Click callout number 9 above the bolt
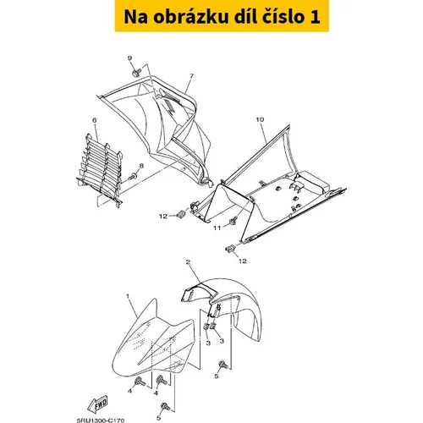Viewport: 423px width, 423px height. tap(129, 58)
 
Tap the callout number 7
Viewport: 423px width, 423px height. tap(192, 76)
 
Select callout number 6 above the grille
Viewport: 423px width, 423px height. tap(95, 120)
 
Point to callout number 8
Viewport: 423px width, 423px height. tap(141, 166)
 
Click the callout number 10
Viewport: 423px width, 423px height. tap(260, 119)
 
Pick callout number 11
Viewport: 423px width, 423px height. tap(217, 228)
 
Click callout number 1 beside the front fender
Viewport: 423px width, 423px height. tap(128, 296)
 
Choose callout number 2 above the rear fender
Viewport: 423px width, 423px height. tap(188, 262)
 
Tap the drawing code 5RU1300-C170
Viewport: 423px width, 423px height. tap(101, 420)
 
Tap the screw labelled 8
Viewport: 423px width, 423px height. tap(132, 178)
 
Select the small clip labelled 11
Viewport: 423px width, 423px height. tap(233, 221)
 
